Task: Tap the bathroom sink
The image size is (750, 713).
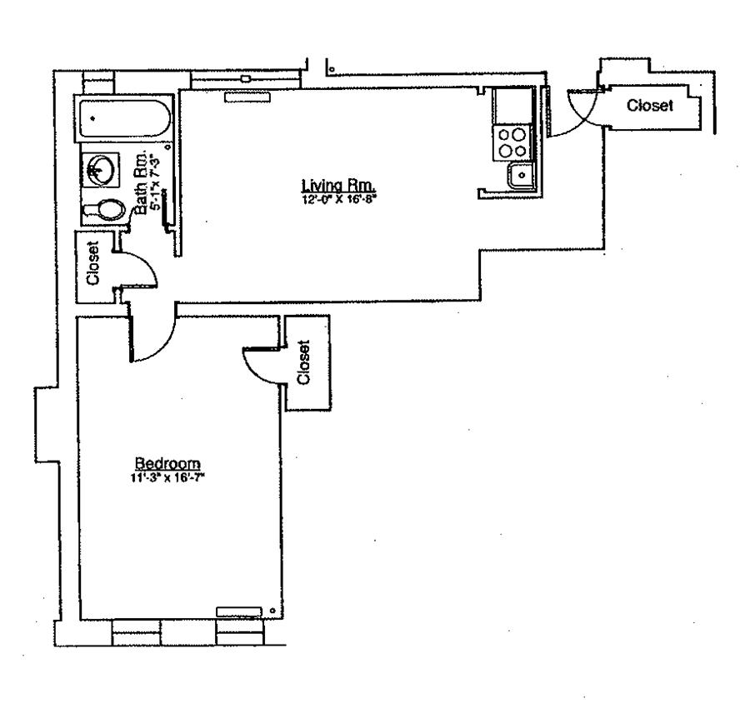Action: coord(101,170)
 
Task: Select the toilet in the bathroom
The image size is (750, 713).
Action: coord(103,210)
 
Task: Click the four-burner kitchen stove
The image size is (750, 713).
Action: coord(511,142)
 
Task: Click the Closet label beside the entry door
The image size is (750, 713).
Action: coord(650,106)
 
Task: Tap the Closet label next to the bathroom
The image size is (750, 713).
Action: coord(92,263)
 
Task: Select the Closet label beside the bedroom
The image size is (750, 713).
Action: coord(304,361)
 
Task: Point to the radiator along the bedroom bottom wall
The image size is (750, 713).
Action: coord(239,611)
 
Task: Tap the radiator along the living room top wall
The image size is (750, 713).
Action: coord(247,97)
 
